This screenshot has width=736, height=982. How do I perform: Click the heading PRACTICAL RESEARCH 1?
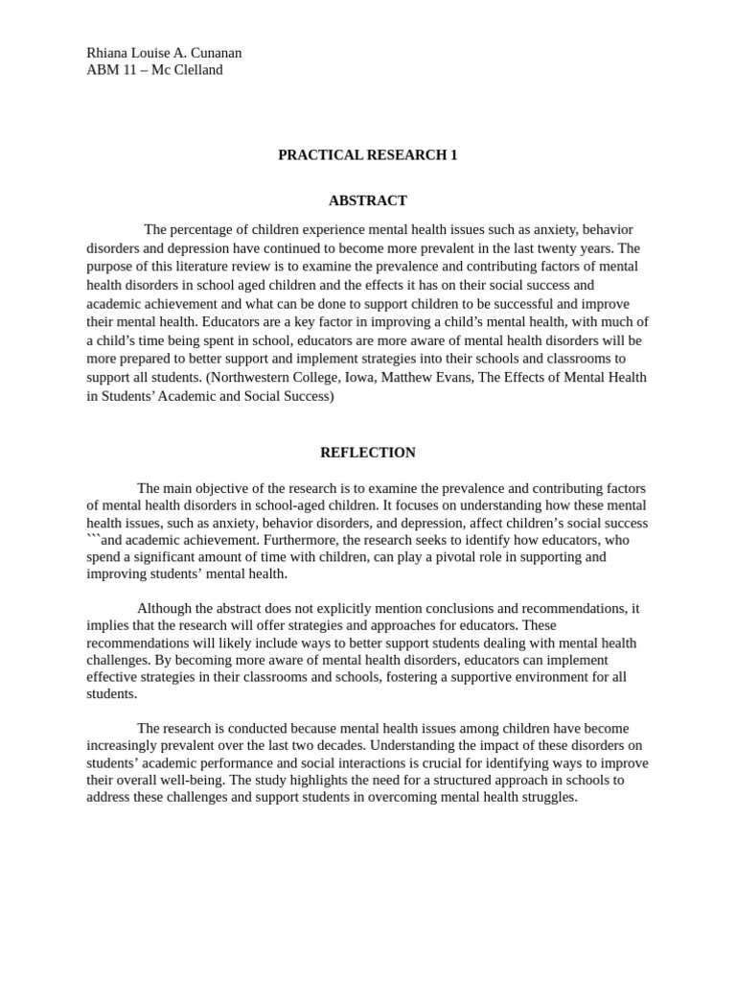(368, 154)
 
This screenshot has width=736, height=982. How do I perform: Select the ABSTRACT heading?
(368, 200)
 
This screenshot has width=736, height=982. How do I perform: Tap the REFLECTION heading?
(368, 453)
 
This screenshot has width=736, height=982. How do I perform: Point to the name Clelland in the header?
(195, 70)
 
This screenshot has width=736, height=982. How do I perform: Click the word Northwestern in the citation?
(252, 378)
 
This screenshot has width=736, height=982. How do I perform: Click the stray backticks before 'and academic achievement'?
(93, 540)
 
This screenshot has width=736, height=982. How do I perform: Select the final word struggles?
(546, 797)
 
